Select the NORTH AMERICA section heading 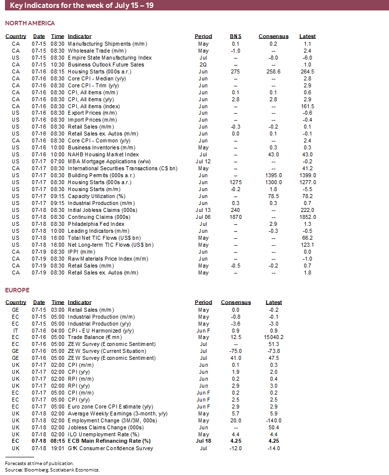[x=30, y=23]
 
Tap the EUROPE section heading [x=17, y=290]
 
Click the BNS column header [x=235, y=36]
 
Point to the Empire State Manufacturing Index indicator [x=110, y=58]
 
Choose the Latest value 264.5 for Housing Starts [x=307, y=71]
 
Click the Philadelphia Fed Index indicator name [x=96, y=224]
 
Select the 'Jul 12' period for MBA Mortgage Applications [x=203, y=161]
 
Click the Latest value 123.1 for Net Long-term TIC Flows [x=307, y=245]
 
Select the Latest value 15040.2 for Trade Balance [x=274, y=338]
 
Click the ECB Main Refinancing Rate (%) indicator [x=109, y=441]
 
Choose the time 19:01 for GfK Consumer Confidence [x=58, y=448]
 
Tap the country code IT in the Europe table [x=16, y=331]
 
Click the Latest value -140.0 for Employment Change [x=274, y=420]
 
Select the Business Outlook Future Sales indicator [x=106, y=65]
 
